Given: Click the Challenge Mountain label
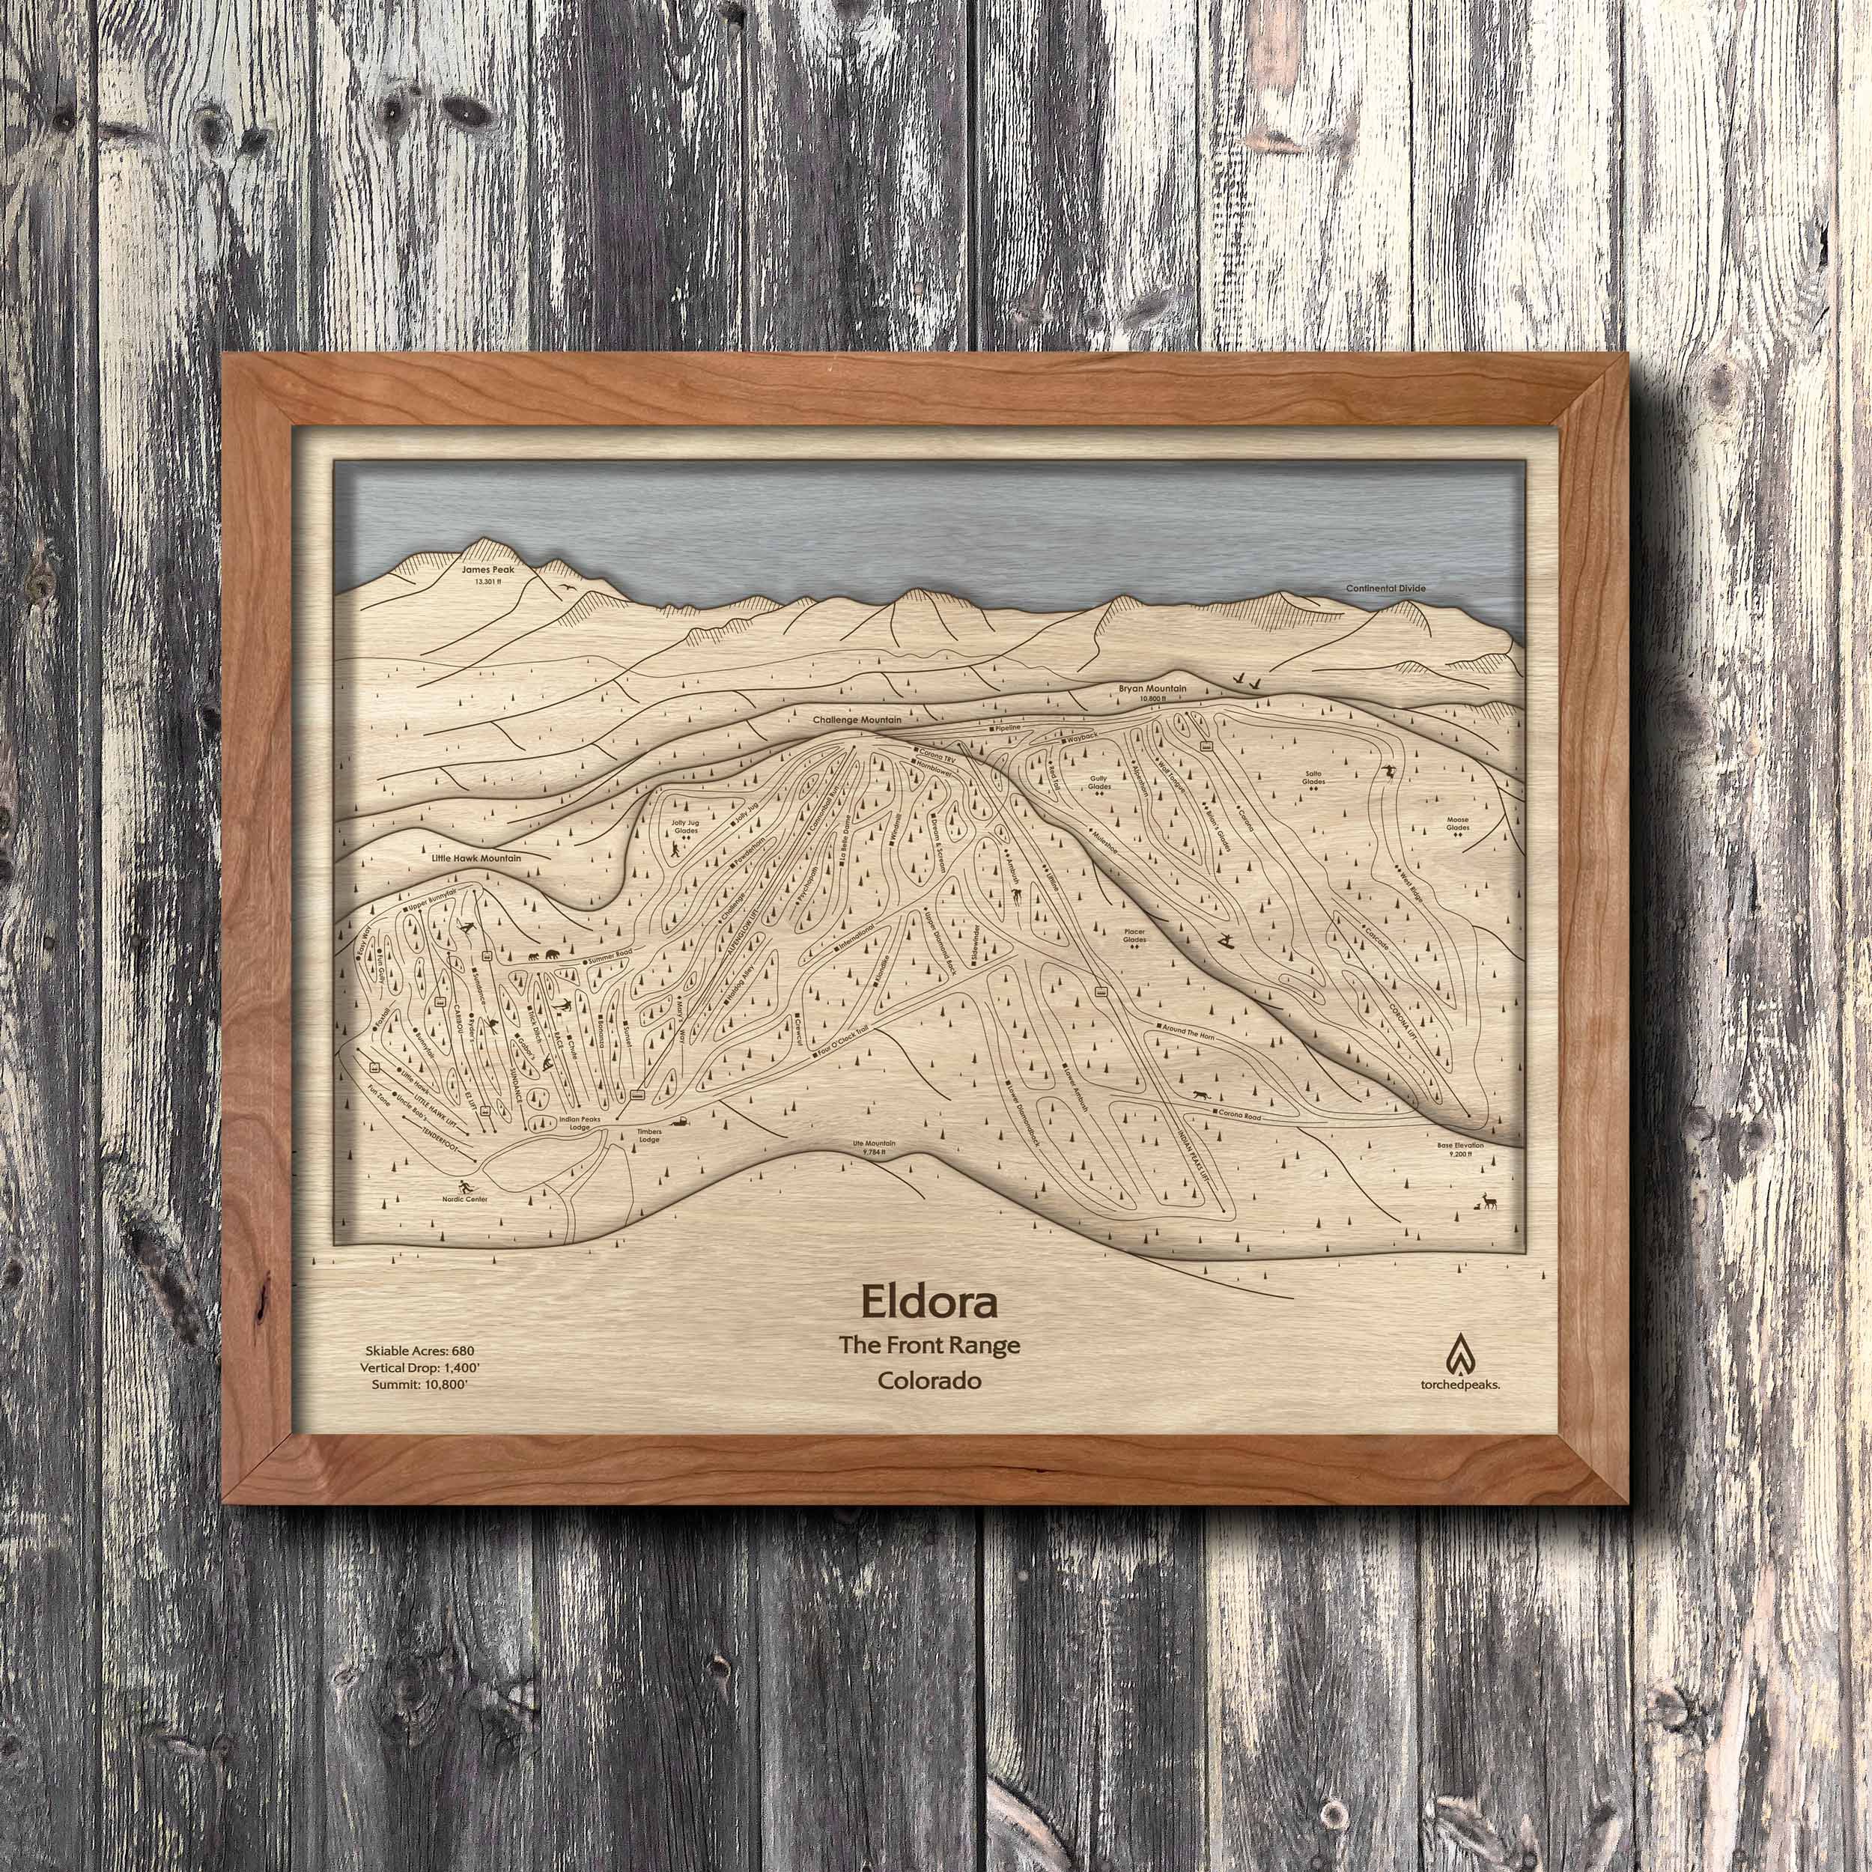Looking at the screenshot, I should coord(858,721).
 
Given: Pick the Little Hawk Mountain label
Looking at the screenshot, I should coord(478,857).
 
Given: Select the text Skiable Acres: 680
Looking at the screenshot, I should coord(419,1350).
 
